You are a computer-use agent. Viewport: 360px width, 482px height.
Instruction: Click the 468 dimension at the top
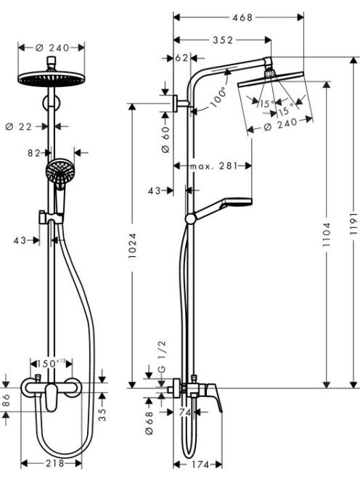tap(242, 17)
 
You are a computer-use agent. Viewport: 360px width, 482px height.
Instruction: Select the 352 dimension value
tap(224, 40)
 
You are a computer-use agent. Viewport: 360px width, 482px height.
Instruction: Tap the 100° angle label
tap(218, 97)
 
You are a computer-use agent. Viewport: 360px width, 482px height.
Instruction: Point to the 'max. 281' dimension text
tap(214, 166)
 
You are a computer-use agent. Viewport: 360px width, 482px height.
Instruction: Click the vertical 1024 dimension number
tap(132, 245)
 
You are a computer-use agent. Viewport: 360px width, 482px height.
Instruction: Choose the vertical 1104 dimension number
tap(326, 234)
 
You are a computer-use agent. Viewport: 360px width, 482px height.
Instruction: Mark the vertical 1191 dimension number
tap(354, 224)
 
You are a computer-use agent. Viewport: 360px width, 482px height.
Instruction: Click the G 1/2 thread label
tap(162, 356)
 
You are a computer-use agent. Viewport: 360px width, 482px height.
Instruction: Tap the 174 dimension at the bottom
tap(200, 465)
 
